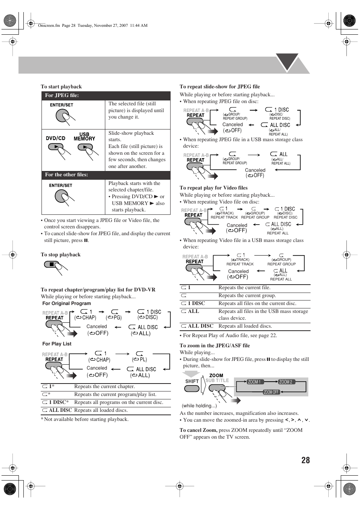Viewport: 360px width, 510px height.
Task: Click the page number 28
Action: coord(305,460)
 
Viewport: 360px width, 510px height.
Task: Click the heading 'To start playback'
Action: coord(61,86)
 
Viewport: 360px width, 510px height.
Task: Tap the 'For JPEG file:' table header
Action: coord(62,96)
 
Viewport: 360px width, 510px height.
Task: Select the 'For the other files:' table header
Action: coord(66,175)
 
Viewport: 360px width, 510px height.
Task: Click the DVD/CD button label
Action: coord(55,138)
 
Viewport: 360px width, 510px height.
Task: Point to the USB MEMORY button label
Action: coord(84,137)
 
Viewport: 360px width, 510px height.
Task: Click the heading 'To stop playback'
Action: coord(60,254)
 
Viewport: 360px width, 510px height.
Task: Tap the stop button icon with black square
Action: coord(51,265)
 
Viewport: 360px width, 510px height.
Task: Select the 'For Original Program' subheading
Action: coord(66,303)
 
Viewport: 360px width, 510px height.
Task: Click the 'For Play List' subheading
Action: coord(57,344)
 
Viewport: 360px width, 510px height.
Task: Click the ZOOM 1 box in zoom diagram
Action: coord(254,382)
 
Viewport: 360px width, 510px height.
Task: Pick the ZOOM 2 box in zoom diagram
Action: coord(286,382)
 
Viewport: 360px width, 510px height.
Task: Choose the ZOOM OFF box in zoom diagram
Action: coord(271,392)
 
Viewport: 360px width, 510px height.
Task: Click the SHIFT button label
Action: coord(192,381)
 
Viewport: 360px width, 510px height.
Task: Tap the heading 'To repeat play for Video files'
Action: coord(214,188)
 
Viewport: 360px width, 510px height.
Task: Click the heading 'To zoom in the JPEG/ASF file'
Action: coord(215,345)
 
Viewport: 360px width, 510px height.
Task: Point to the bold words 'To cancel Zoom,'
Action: coord(198,430)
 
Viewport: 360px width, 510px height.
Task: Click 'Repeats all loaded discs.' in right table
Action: coord(245,326)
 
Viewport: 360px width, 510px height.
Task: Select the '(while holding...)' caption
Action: coord(199,406)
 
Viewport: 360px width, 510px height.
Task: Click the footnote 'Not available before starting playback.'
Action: coord(86,419)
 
